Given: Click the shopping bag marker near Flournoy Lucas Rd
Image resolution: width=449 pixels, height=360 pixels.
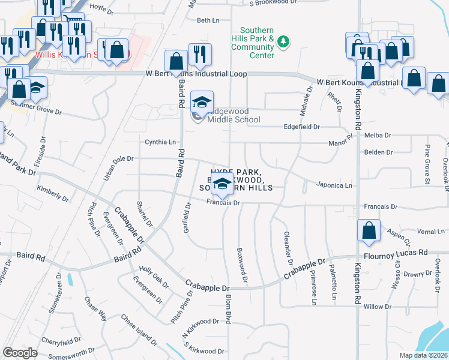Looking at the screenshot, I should pyautogui.click(x=368, y=230).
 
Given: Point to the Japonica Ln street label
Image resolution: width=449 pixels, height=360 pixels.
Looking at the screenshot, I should pyautogui.click(x=334, y=185).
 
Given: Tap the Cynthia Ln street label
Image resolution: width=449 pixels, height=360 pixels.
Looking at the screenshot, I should pyautogui.click(x=160, y=142).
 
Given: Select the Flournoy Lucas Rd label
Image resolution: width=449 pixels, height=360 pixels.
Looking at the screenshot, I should pyautogui.click(x=390, y=253).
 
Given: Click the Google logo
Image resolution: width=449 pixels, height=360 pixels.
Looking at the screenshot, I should pyautogui.click(x=20, y=353).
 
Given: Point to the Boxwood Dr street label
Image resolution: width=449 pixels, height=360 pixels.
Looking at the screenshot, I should pyautogui.click(x=243, y=265).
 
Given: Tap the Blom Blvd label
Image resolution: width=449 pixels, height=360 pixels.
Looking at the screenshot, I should pyautogui.click(x=229, y=308).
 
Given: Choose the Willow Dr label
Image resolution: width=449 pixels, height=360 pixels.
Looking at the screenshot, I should pyautogui.click(x=377, y=307).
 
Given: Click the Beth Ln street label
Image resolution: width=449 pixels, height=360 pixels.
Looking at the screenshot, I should pyautogui.click(x=208, y=20).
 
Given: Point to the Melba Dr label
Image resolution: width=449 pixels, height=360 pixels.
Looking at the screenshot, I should pyautogui.click(x=378, y=136).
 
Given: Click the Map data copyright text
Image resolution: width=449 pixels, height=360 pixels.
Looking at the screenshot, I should pyautogui.click(x=423, y=355).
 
